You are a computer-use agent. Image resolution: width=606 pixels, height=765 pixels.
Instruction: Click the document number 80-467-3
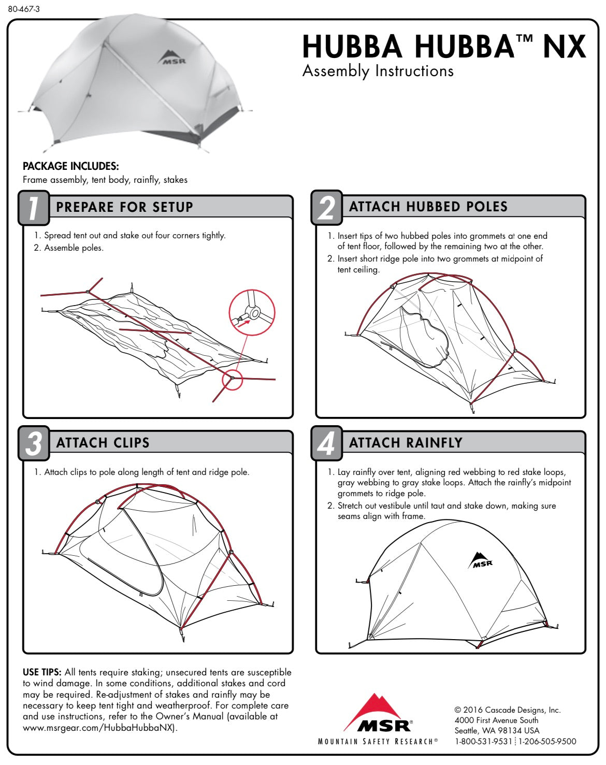click(24, 9)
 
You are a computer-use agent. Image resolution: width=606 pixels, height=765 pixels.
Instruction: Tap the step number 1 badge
click(34, 208)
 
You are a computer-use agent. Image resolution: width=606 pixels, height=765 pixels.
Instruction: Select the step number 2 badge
click(327, 208)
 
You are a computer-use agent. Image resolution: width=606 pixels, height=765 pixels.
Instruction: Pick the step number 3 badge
click(34, 443)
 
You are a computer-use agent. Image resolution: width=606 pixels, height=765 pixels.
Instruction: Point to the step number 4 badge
click(327, 443)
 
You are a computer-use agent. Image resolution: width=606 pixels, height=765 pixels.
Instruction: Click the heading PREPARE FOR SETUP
click(124, 207)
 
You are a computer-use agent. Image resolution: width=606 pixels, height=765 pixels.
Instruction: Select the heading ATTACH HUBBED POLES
click(428, 207)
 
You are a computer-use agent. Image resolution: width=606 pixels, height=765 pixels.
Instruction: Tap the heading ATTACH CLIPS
click(103, 442)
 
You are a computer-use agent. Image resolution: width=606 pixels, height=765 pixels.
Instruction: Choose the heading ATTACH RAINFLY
click(406, 442)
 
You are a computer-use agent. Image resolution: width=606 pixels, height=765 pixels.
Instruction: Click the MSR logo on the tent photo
click(171, 57)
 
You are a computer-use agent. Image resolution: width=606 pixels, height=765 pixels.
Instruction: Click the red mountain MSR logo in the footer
click(378, 713)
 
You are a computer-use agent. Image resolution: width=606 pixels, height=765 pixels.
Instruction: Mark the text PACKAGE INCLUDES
click(71, 166)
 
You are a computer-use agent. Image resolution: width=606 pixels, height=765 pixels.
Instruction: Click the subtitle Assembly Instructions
click(378, 71)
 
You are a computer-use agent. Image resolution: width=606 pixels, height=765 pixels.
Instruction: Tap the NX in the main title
click(565, 47)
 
